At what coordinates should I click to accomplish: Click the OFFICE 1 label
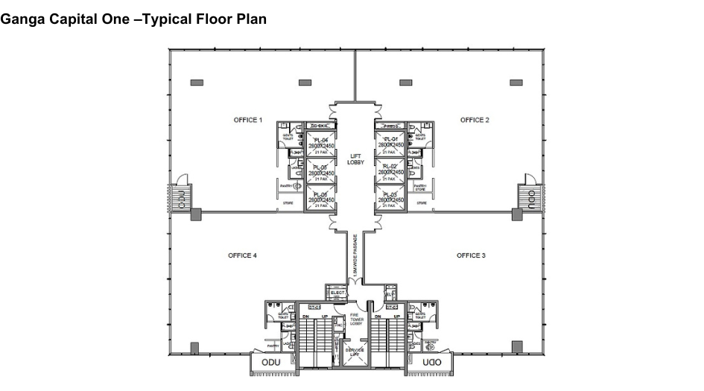[248, 120]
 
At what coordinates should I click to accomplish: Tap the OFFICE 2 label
[475, 120]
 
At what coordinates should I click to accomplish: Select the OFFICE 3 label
[471, 255]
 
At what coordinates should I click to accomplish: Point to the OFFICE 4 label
[242, 255]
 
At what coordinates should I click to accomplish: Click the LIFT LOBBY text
[355, 159]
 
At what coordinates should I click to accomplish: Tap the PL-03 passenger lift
[392, 197]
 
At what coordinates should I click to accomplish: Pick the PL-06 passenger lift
[319, 197]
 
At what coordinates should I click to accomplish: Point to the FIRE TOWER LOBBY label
[355, 319]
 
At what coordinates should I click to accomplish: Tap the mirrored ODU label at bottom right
[431, 363]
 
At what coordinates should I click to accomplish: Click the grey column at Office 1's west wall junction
[196, 214]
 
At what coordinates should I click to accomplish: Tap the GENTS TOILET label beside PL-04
[286, 136]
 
